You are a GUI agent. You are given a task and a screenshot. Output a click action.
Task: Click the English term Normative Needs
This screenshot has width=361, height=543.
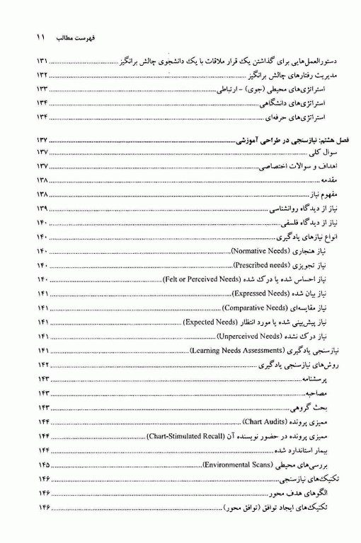click(260, 252)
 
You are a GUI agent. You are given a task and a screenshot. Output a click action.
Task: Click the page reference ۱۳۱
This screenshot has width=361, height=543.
click(43, 62)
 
